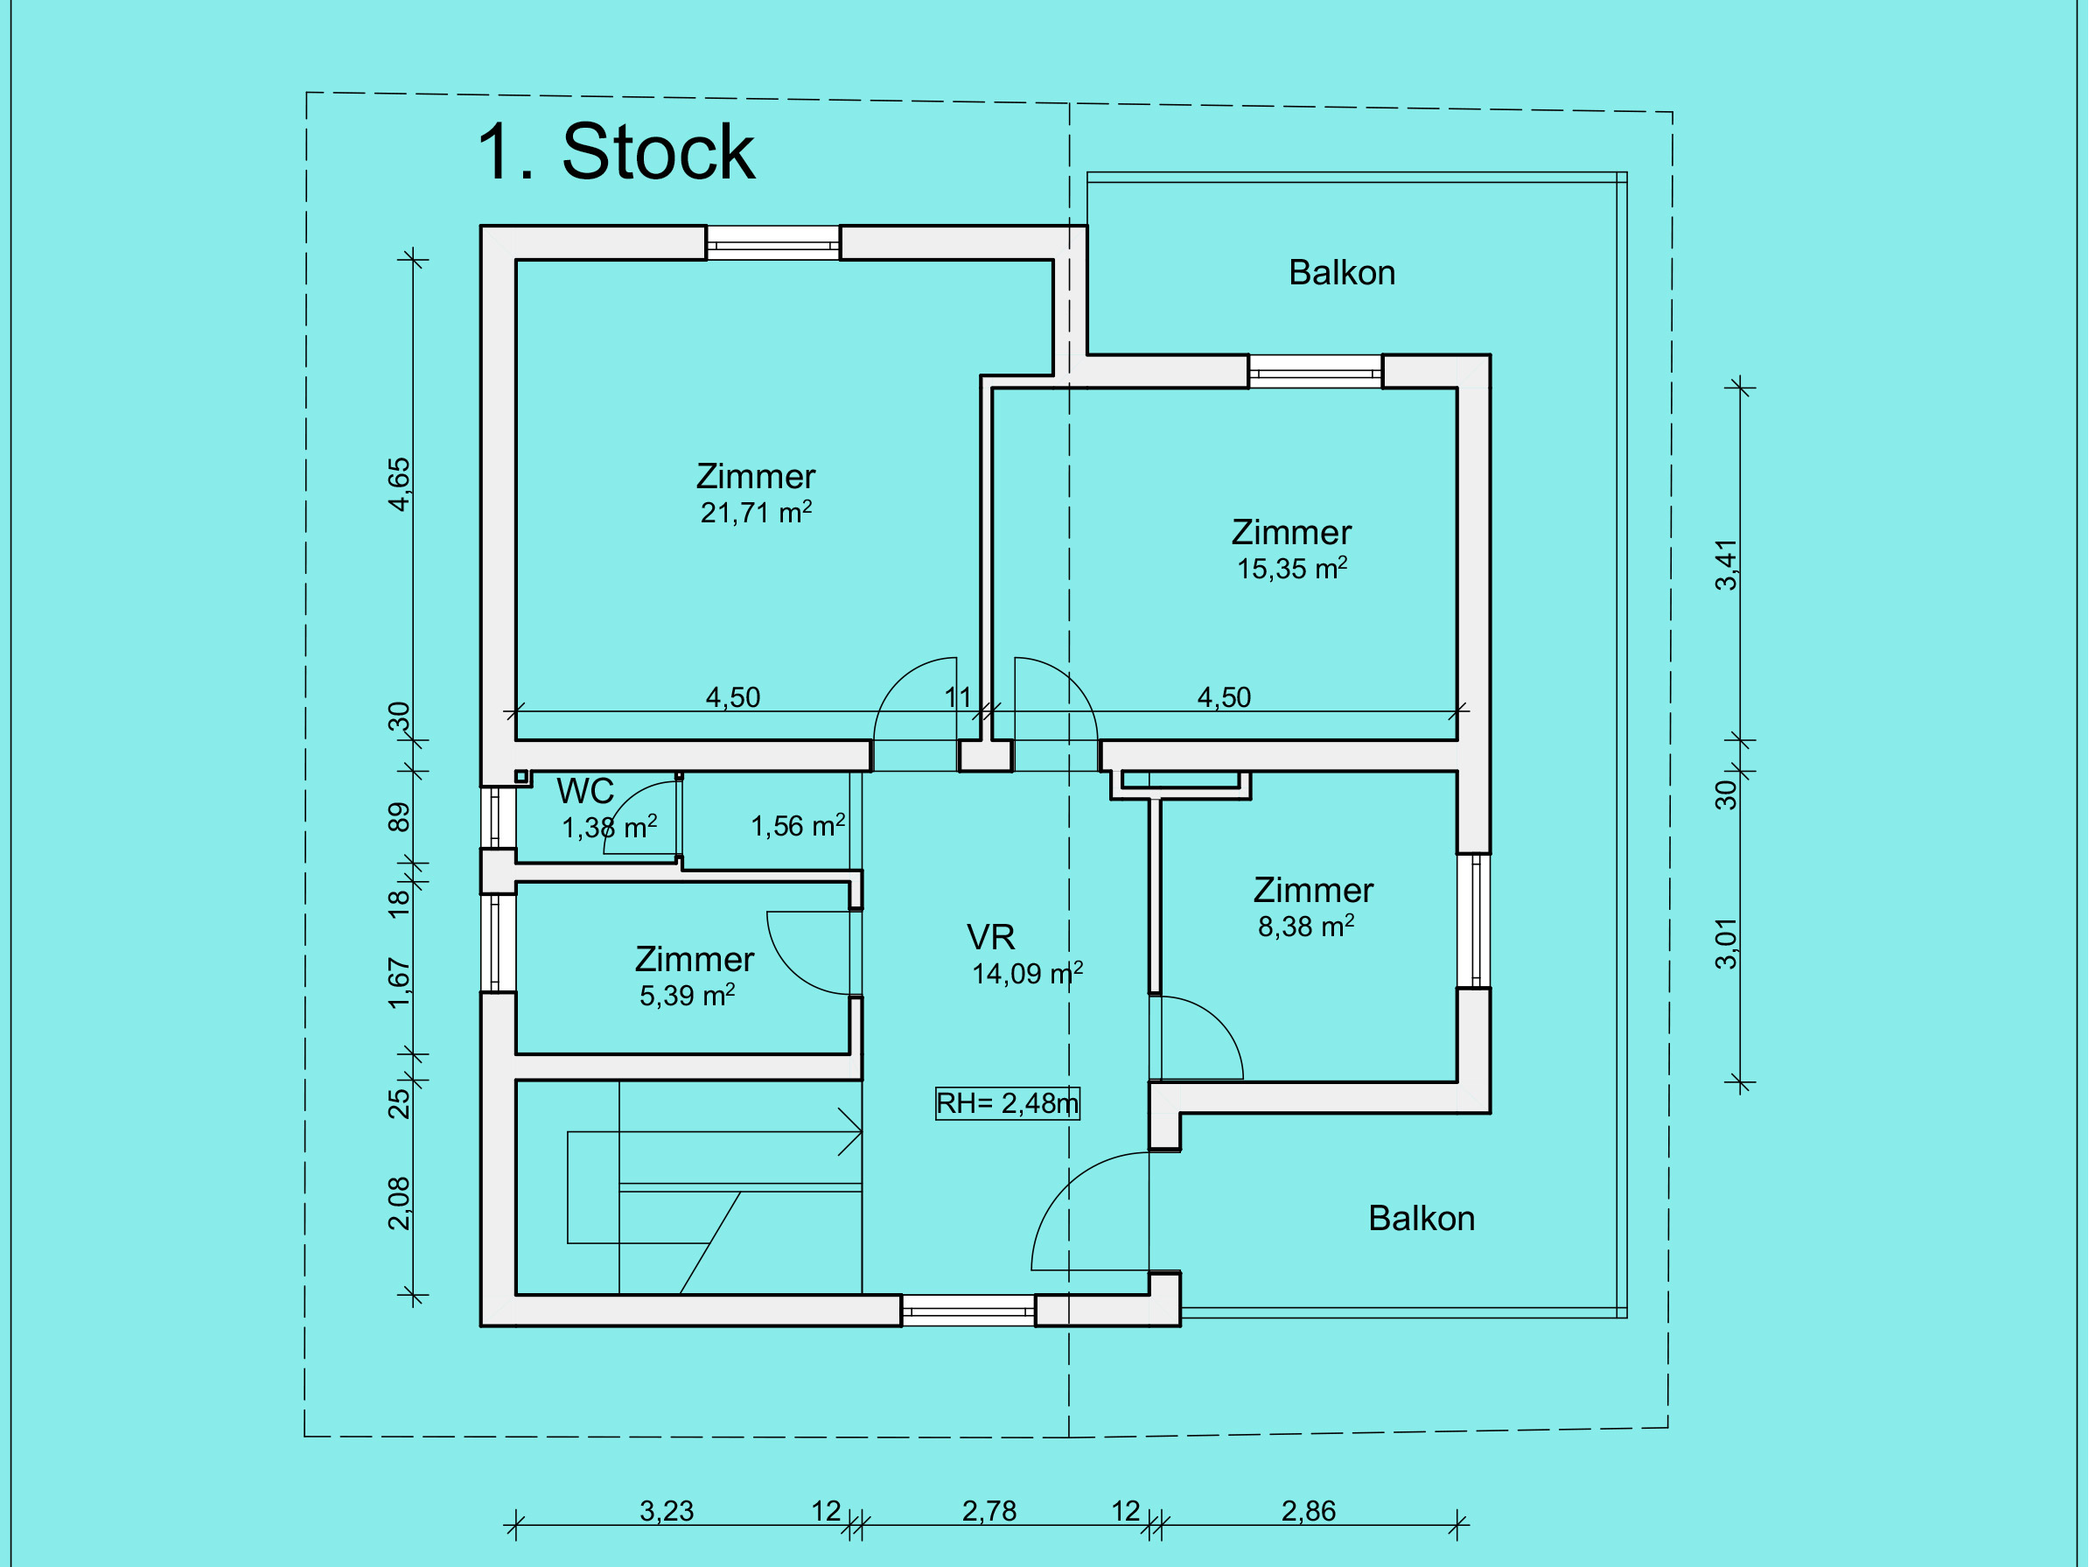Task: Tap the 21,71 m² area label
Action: click(x=756, y=513)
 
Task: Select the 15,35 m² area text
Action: click(x=1292, y=569)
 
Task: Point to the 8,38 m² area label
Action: click(x=1306, y=927)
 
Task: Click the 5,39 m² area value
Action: click(x=688, y=996)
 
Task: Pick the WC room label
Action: click(x=585, y=791)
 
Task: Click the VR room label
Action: click(x=990, y=937)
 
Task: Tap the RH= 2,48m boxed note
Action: click(x=1007, y=1103)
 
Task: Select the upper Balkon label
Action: click(x=1342, y=272)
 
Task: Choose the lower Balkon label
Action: click(x=1422, y=1219)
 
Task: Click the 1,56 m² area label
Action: click(x=798, y=827)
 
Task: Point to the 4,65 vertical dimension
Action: click(x=400, y=485)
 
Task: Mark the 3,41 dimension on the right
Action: click(x=1726, y=565)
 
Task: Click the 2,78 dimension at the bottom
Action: click(x=989, y=1511)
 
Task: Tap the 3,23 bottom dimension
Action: click(x=667, y=1511)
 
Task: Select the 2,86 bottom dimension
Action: click(x=1309, y=1511)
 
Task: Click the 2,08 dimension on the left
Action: click(x=400, y=1203)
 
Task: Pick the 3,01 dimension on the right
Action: click(x=1726, y=943)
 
